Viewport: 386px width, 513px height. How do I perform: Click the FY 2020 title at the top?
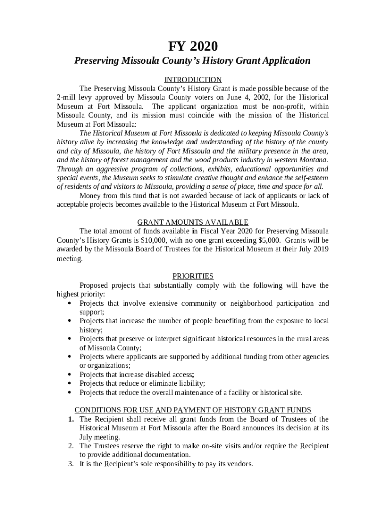(x=192, y=47)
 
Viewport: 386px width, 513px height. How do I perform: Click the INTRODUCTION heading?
(x=193, y=80)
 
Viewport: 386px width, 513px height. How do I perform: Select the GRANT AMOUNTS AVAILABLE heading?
(x=193, y=222)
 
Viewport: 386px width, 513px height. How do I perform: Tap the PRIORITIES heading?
(x=193, y=276)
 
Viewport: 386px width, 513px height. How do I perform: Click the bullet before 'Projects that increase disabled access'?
(x=69, y=375)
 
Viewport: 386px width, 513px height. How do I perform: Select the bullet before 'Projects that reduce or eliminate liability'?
(x=69, y=384)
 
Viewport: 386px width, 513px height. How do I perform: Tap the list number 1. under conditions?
(x=72, y=419)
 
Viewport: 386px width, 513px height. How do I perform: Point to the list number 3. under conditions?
(x=72, y=464)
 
